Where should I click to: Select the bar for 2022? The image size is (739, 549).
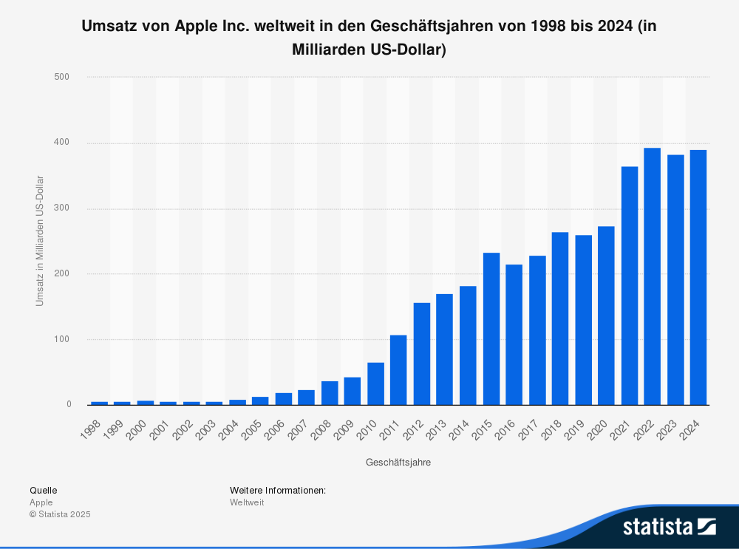coord(652,276)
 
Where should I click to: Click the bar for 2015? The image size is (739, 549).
coord(491,329)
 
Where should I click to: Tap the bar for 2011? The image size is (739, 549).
coord(398,370)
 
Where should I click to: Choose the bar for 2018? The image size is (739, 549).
coord(560,318)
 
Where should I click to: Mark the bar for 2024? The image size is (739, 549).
coord(698,277)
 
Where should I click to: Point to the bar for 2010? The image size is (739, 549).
coord(375,383)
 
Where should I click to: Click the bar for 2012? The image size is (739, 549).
coord(422,354)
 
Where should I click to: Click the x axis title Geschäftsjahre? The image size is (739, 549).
coord(398,463)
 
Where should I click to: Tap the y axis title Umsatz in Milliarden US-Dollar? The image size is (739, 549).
coord(40,241)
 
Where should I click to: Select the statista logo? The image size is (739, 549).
coord(669,526)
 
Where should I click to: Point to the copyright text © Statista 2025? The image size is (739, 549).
coord(60,514)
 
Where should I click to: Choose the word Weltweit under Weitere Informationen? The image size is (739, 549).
coord(247,502)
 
